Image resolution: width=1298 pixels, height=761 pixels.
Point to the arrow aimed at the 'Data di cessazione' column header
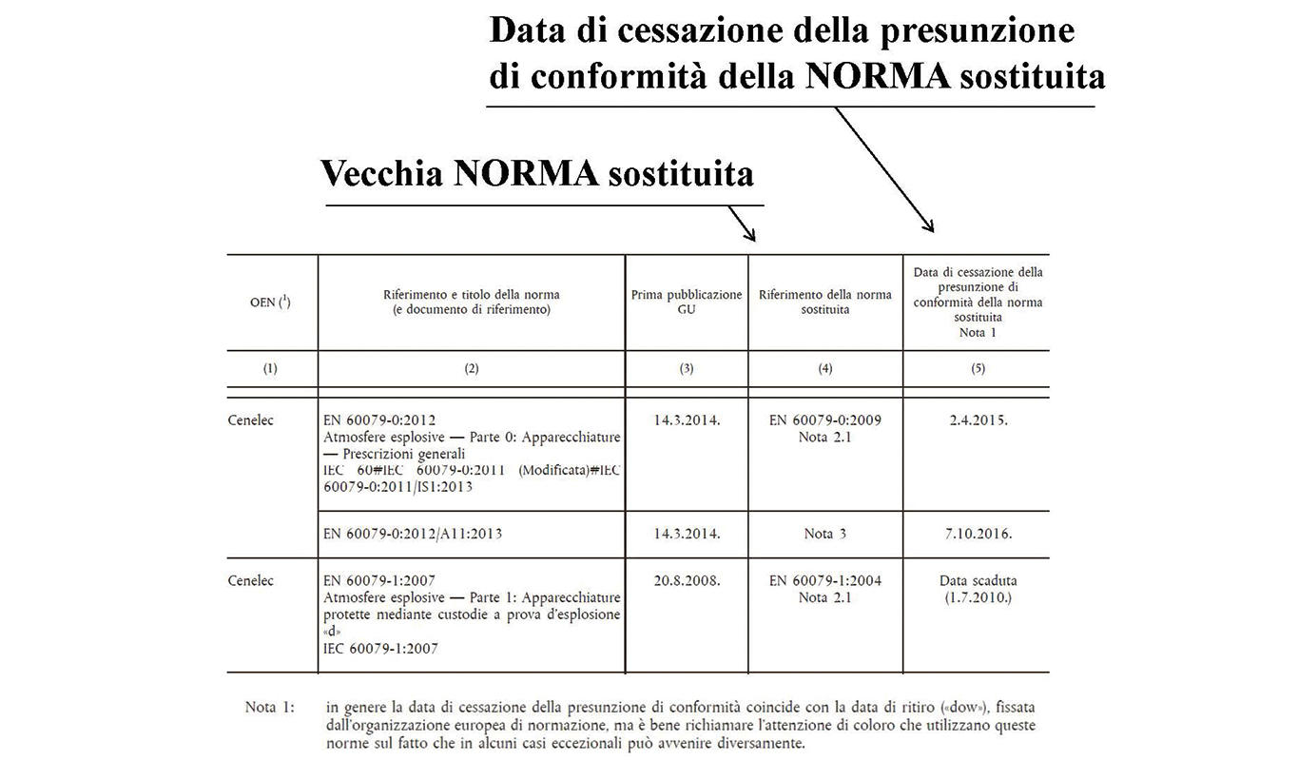click(883, 168)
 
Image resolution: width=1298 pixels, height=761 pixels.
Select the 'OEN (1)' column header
click(271, 302)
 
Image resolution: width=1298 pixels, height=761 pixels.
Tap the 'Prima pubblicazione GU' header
click(687, 302)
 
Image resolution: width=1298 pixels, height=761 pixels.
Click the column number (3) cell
click(687, 369)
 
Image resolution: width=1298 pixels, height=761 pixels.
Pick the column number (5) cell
click(977, 369)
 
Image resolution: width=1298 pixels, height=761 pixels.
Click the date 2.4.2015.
click(977, 420)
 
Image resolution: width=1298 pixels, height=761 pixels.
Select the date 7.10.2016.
click(977, 534)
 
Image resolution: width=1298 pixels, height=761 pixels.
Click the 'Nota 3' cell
click(824, 534)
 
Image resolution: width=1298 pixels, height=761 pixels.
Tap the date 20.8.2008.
click(687, 580)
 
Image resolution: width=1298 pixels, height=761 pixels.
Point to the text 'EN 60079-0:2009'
click(824, 420)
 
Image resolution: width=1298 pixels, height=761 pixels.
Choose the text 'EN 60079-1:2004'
click(824, 580)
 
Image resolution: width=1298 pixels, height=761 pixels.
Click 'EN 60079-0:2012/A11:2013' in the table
click(413, 534)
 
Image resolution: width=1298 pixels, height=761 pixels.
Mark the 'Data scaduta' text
click(977, 580)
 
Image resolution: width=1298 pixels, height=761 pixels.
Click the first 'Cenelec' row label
click(251, 420)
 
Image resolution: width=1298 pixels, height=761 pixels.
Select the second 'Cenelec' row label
click(251, 580)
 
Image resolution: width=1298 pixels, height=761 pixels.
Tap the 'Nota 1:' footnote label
click(270, 707)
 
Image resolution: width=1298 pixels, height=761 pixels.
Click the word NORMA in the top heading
click(877, 75)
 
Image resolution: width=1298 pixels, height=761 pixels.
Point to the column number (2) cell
click(471, 369)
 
